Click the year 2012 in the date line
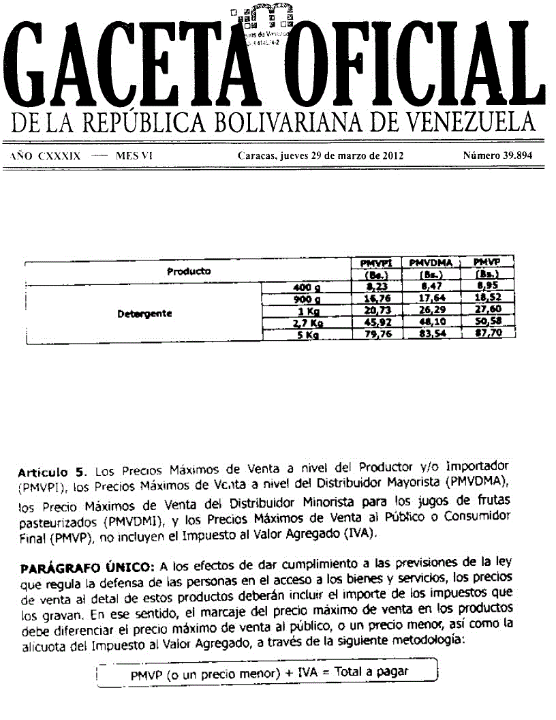[x=390, y=155]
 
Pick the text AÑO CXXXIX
[x=46, y=155]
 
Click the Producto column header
[x=189, y=271]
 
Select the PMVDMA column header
[x=432, y=262]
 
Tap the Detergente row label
[x=153, y=314]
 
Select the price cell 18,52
[x=488, y=299]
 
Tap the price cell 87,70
[x=488, y=334]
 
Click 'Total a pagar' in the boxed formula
[x=375, y=672]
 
